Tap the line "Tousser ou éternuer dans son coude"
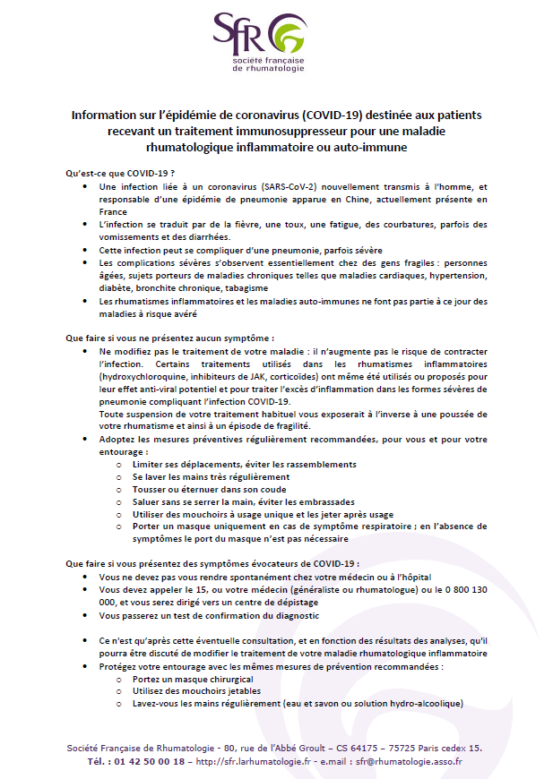point(203,490)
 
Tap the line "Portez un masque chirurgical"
point(186,680)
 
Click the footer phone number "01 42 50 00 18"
point(152,761)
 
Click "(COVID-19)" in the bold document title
point(343,116)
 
